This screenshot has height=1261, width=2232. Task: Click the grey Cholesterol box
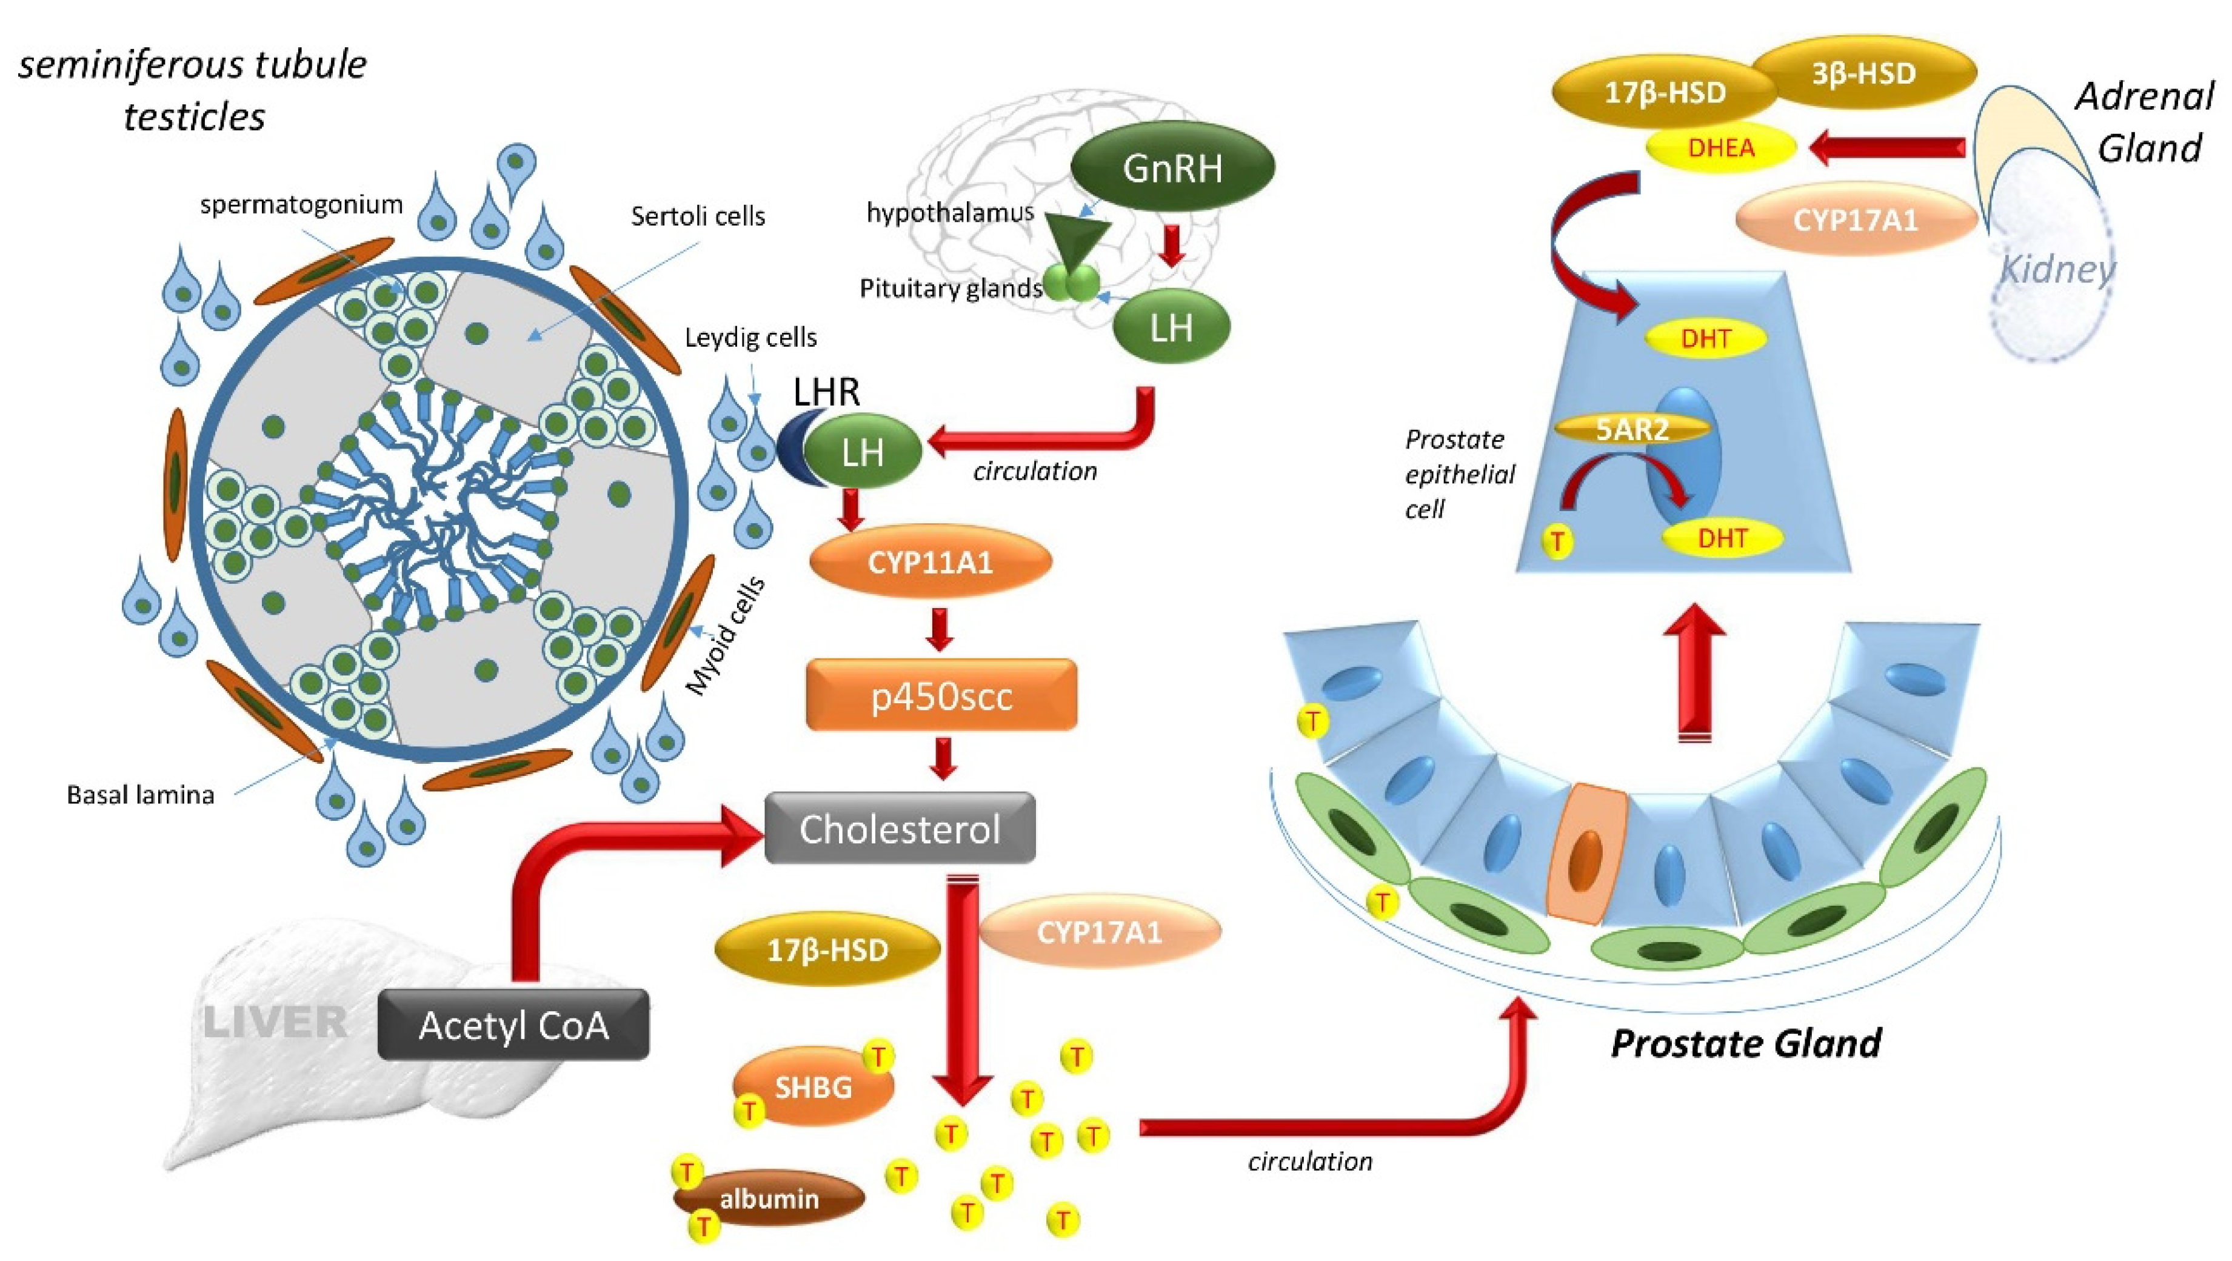[900, 829]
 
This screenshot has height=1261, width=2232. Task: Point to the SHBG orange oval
[813, 1087]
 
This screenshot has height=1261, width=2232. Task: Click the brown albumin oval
[769, 1199]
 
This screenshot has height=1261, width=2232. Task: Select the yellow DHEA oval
[1721, 148]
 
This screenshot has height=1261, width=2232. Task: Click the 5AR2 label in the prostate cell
[1632, 428]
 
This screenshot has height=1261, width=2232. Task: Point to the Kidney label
[2057, 270]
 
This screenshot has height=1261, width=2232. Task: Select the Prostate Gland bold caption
[1745, 1043]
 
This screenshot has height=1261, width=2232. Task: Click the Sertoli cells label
[698, 216]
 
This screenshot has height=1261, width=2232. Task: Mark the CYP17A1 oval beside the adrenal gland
[1855, 220]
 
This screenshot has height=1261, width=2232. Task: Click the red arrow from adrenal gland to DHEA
[1889, 147]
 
